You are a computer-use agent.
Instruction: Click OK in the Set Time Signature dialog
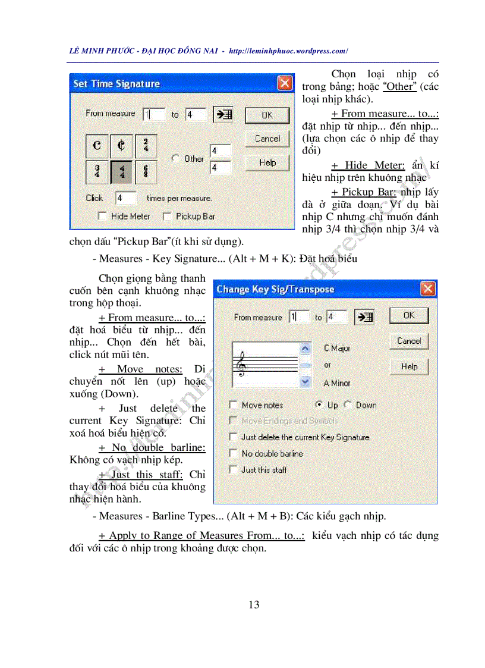[x=267, y=115]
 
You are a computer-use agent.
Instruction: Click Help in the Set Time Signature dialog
[x=267, y=162]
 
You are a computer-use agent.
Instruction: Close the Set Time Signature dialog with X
[x=285, y=83]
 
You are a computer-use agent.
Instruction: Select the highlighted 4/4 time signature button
[x=121, y=172]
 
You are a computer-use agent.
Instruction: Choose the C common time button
[x=97, y=146]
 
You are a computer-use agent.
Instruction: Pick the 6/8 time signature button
[x=146, y=172]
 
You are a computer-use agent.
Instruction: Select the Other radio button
[x=175, y=159]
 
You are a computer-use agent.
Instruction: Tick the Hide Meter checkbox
[x=102, y=217]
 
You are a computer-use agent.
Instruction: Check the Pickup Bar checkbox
[x=167, y=217]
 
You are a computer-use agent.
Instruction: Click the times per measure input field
[x=126, y=198]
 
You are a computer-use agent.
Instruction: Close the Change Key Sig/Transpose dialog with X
[x=427, y=289]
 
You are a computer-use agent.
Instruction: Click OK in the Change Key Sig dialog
[x=409, y=316]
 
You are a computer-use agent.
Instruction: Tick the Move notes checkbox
[x=233, y=405]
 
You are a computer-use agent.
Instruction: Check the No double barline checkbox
[x=233, y=453]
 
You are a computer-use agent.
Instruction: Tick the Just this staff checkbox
[x=233, y=469]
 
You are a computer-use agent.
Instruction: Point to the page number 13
[x=254, y=605]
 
